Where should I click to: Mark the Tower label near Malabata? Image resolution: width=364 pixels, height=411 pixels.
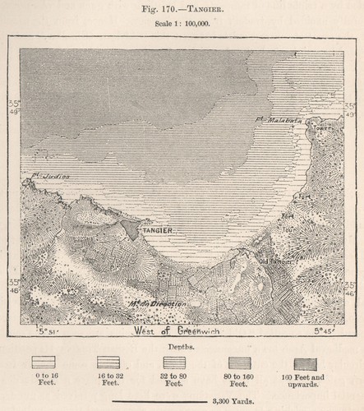323,129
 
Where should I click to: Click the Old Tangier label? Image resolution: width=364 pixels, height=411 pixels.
274,262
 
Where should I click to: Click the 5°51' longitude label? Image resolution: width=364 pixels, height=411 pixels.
49,330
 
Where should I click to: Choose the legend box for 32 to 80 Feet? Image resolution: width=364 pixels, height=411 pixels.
173,362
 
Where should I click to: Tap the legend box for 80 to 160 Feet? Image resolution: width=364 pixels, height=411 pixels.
238,362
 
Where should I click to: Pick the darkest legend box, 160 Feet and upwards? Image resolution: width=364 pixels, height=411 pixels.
303,362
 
